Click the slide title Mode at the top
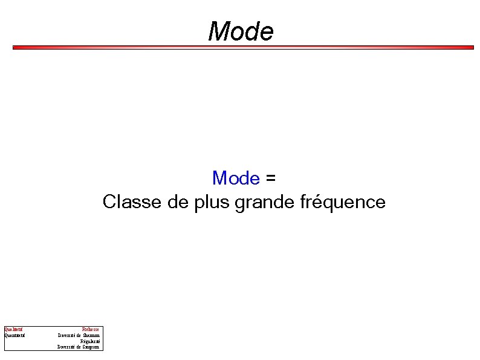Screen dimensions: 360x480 coord(241,31)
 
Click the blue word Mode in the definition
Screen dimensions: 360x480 coord(236,178)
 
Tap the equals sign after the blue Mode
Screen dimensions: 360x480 coord(270,178)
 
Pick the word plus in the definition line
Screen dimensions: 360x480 coord(212,202)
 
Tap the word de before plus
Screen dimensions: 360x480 coord(180,201)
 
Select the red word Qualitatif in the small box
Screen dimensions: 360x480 coord(14,329)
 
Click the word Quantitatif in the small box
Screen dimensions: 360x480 coord(15,335)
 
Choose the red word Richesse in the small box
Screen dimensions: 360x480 coord(91,329)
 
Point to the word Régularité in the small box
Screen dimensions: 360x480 coord(91,341)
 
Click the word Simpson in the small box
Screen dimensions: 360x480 coord(91,347)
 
